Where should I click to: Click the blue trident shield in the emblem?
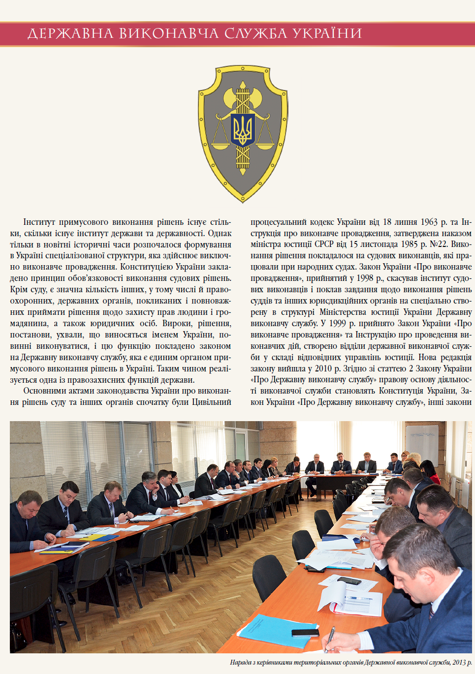(x=242, y=130)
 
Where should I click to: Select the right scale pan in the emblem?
(x=265, y=146)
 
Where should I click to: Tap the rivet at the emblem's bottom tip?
(x=242, y=199)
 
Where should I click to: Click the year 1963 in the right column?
(x=429, y=222)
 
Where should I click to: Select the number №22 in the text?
(x=439, y=245)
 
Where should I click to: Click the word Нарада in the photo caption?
(x=241, y=662)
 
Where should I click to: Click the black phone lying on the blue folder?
(x=305, y=633)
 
